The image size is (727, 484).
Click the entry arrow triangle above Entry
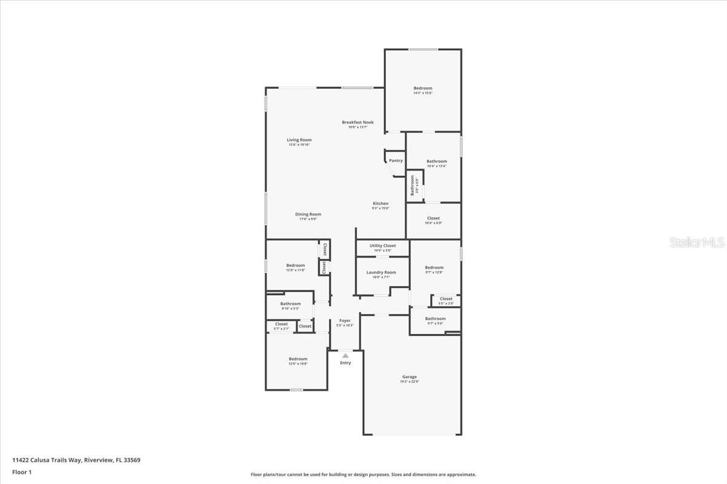(x=345, y=356)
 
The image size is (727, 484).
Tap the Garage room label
(x=409, y=377)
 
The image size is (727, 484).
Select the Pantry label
(x=396, y=160)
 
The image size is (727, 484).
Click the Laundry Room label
(x=381, y=272)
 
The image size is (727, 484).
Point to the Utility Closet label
(x=382, y=246)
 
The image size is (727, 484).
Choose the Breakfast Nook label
(x=357, y=122)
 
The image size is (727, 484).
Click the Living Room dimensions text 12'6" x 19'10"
(x=299, y=145)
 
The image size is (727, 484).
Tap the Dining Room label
(x=308, y=214)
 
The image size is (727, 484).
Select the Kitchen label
(x=380, y=203)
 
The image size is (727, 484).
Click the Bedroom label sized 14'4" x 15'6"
(x=423, y=88)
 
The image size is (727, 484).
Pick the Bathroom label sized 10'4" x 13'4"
(x=436, y=161)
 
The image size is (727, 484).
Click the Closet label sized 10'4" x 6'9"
(x=433, y=218)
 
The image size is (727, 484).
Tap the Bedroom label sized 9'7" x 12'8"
(x=434, y=267)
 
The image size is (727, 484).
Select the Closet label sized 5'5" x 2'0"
(x=446, y=299)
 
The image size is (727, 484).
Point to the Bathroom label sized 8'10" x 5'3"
(x=290, y=304)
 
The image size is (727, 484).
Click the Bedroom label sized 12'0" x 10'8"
(x=297, y=359)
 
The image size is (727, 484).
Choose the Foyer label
(x=345, y=321)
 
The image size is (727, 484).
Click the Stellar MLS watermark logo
(x=697, y=243)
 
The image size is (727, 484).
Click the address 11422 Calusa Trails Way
(x=47, y=460)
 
